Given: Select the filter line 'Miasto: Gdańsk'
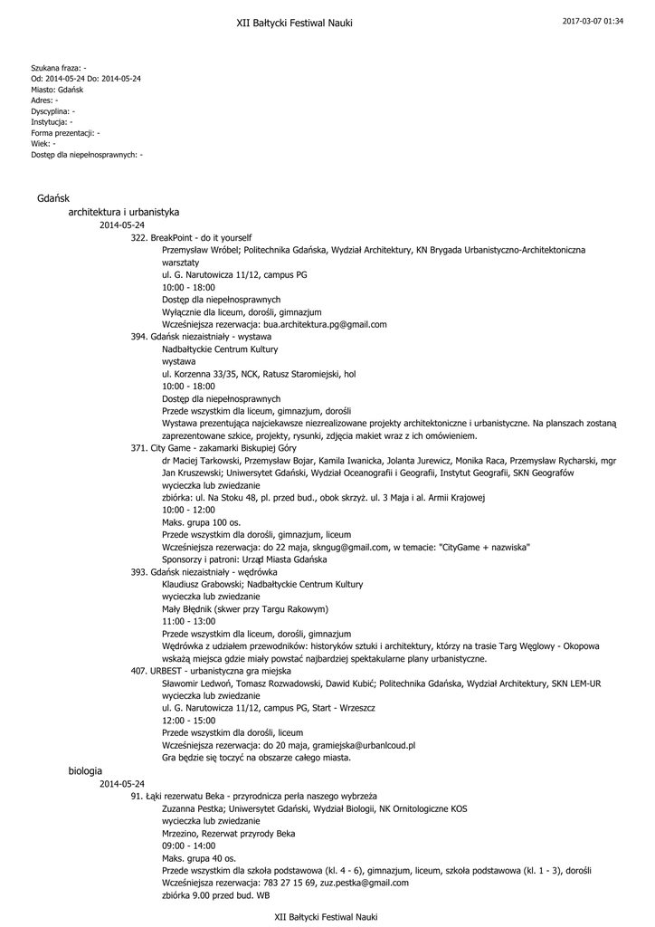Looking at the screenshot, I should [57, 90].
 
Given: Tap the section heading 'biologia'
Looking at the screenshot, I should [85, 769].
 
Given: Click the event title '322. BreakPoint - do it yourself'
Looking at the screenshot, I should [191, 236].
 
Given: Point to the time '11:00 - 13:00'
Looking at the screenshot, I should [188, 621].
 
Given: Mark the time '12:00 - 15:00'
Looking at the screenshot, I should [188, 720].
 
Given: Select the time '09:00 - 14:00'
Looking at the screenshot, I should [188, 845].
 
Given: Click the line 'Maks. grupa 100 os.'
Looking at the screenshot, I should [201, 522].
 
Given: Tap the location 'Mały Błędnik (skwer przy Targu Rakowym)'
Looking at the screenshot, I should [244, 609].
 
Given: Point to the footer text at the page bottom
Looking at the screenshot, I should [326, 917].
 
